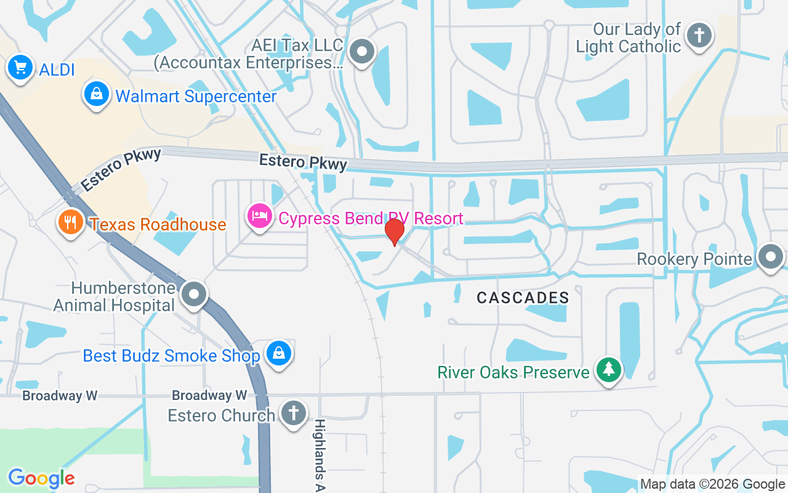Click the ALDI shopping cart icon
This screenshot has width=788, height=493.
coord(20,67)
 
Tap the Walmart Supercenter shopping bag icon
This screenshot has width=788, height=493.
coord(97,94)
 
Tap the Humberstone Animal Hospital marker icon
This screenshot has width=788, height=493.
coord(195,294)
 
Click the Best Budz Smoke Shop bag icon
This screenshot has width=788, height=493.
coord(279,353)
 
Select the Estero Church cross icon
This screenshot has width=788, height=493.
coord(294,413)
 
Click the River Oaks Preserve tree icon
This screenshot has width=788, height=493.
coord(609,370)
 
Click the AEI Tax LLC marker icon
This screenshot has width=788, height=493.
coord(362,52)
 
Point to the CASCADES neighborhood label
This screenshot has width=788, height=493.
coord(523,298)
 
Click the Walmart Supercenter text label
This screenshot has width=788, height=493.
coord(196,97)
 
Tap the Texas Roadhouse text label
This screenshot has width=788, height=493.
coord(158,224)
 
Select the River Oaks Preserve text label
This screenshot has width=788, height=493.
coord(513,372)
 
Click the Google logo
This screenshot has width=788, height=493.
coord(41,478)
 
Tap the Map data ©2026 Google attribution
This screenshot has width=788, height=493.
coord(712,484)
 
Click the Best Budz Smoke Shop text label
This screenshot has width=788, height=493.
coord(172,356)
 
